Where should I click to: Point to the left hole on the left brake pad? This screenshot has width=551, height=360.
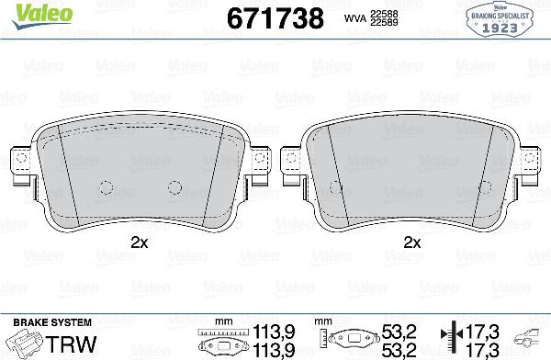click(104, 186)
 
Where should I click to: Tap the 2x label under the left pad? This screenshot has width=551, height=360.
click(139, 243)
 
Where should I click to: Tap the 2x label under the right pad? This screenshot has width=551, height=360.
click(412, 243)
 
